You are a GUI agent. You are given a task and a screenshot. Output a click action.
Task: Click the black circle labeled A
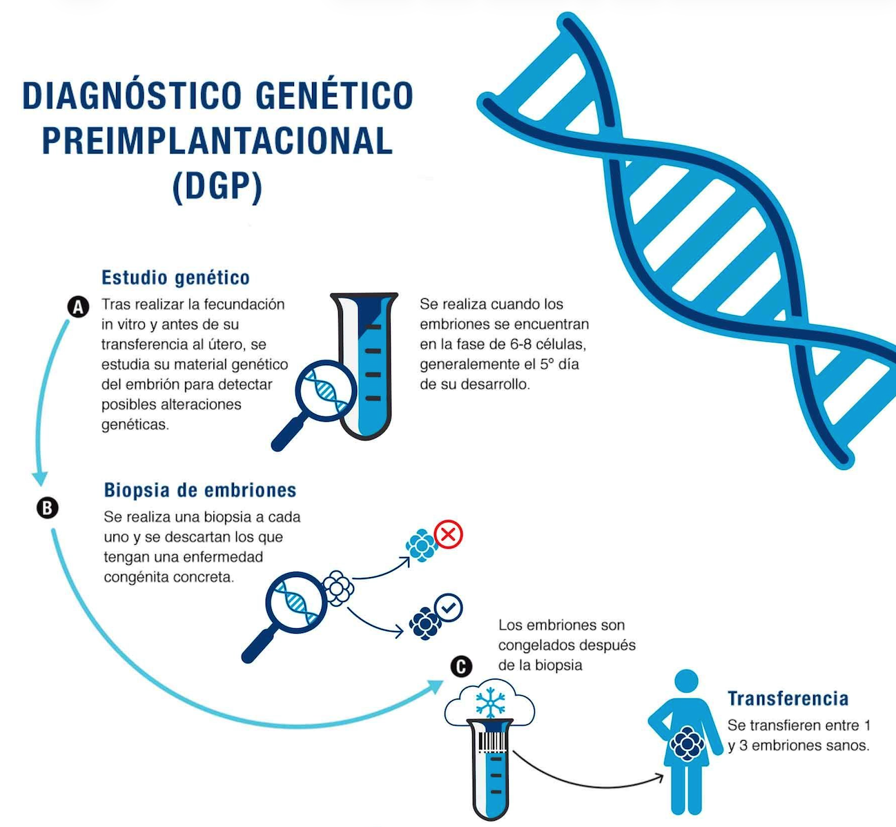pos(78,307)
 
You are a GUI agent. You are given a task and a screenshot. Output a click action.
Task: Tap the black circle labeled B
pos(48,508)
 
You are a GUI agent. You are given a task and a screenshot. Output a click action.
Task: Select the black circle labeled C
pos(461,667)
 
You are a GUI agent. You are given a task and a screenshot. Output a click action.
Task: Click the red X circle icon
pos(448,534)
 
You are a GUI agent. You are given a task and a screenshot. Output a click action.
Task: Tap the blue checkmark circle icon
pos(449,607)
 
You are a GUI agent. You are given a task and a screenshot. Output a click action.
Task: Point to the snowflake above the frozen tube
pos(491,703)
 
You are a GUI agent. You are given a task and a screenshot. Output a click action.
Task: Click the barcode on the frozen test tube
pos(492,742)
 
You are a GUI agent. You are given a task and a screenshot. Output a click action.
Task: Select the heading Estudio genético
pos(175,278)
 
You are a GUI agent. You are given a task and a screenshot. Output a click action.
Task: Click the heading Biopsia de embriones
pos(200,490)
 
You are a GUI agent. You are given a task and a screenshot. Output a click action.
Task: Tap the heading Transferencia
pos(788,699)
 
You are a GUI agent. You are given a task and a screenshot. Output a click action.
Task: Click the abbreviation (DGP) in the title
pos(217,186)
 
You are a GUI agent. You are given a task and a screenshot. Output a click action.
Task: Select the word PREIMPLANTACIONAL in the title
pos(217,141)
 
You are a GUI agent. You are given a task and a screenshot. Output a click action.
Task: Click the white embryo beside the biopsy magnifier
pos(338,588)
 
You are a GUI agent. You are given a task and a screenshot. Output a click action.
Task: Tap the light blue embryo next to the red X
pos(421,545)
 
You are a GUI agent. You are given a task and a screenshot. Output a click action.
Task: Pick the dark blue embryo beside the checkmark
pos(425,623)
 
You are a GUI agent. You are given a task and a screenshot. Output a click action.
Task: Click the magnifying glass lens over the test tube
pos(327,391)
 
